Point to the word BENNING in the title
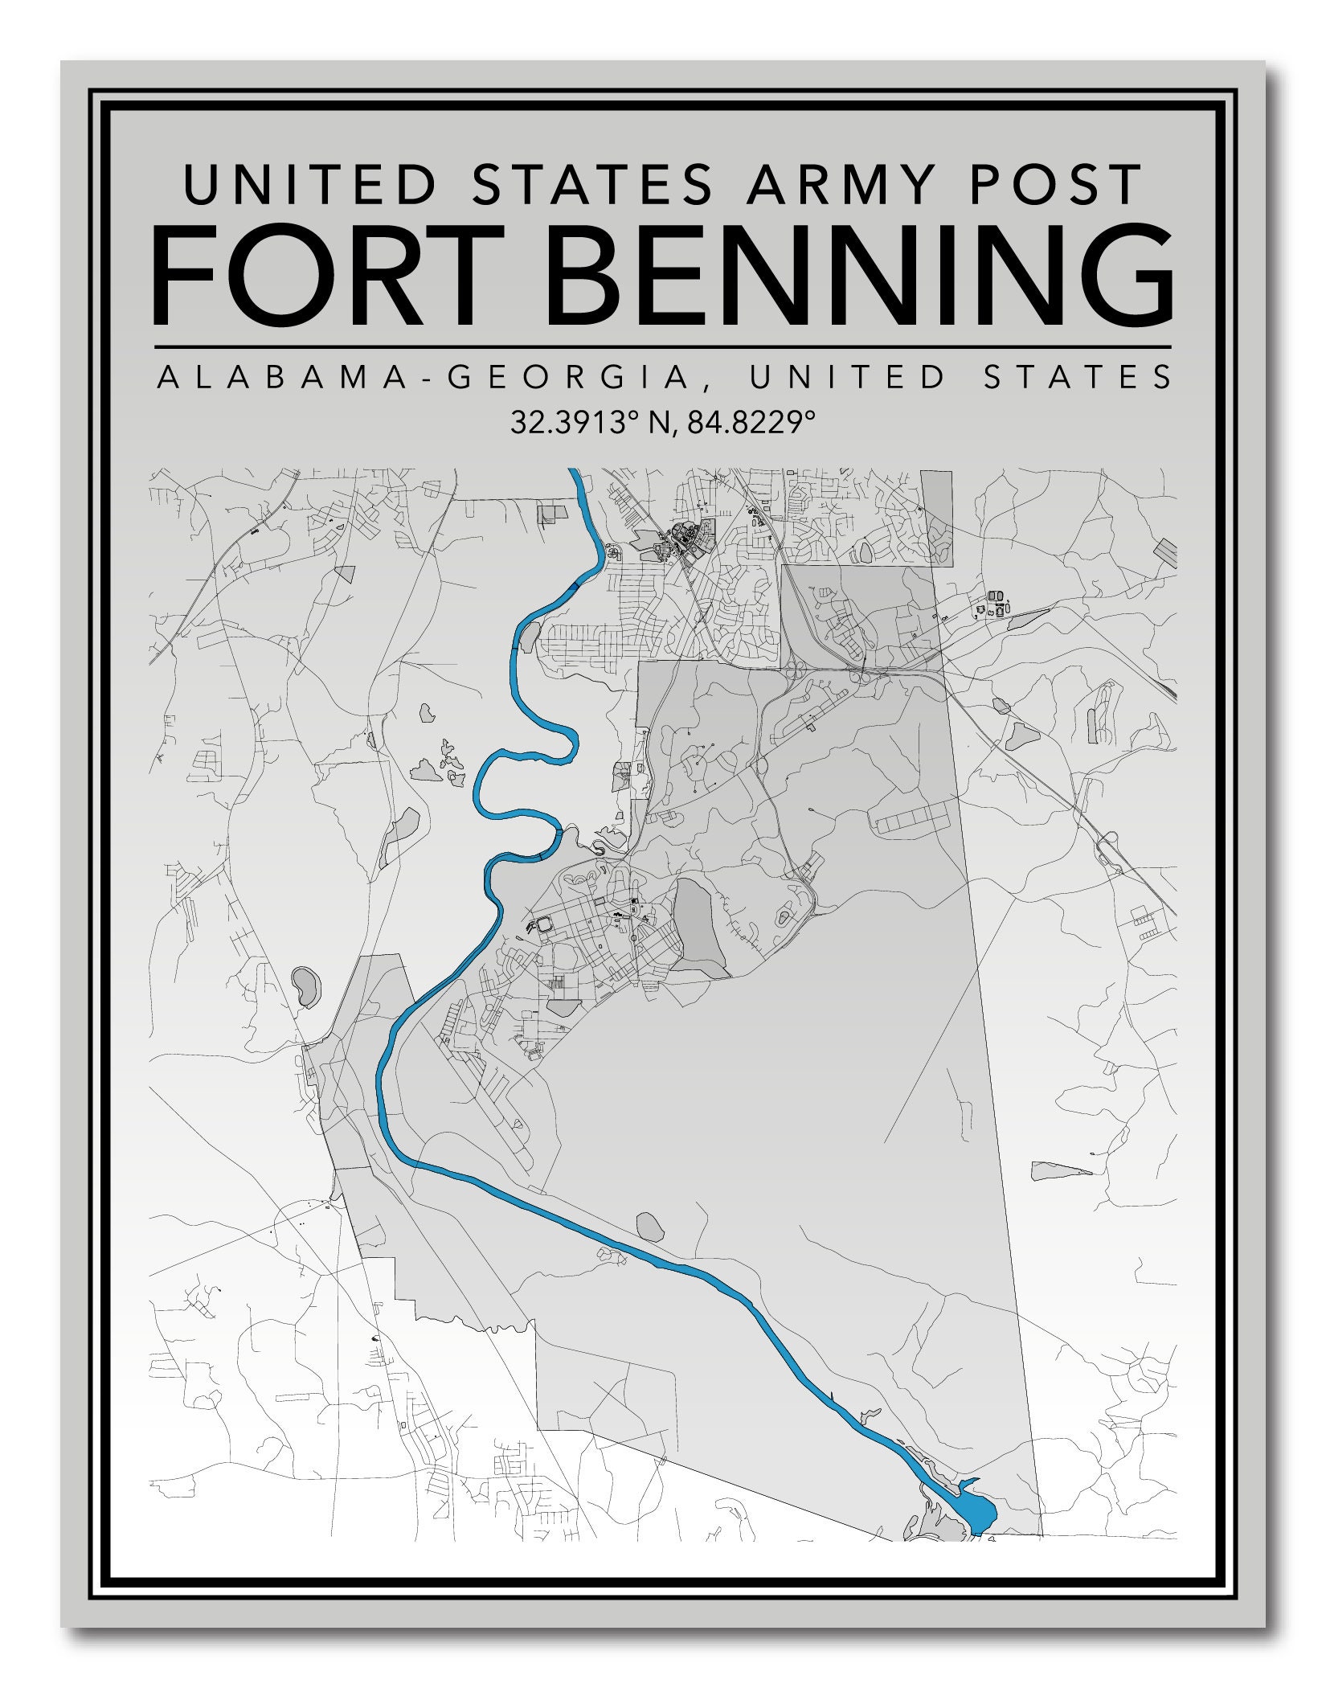pyautogui.click(x=864, y=275)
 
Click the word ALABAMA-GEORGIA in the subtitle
pyautogui.click(x=423, y=378)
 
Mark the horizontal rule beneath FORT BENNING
pyautogui.click(x=661, y=347)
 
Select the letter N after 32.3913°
pyautogui.click(x=658, y=422)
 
